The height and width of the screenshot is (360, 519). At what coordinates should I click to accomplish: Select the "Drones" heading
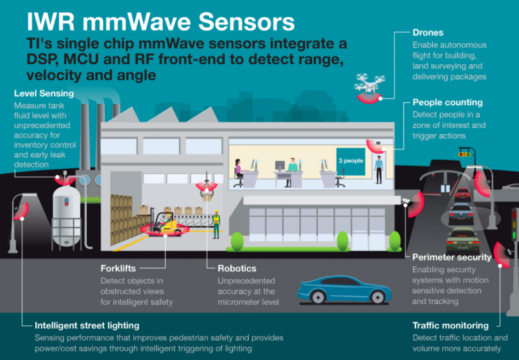click(x=428, y=33)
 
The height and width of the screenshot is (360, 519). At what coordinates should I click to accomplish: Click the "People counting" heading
click(x=447, y=102)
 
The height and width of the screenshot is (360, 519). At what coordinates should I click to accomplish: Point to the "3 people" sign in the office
click(x=350, y=160)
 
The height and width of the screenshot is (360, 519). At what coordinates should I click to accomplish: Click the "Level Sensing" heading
click(x=44, y=94)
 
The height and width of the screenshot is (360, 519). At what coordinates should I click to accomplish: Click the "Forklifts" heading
click(x=118, y=269)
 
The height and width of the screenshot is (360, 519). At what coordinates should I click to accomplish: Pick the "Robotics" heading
click(x=236, y=269)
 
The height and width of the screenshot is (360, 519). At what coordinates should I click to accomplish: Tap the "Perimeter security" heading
click(x=452, y=257)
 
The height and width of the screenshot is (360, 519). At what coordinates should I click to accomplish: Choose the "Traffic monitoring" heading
click(x=450, y=325)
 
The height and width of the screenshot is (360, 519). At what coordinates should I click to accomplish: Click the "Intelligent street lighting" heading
click(x=87, y=325)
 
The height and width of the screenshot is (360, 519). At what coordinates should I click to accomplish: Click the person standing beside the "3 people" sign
click(x=378, y=168)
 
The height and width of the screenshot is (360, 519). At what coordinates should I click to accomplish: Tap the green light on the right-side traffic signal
click(x=514, y=235)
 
